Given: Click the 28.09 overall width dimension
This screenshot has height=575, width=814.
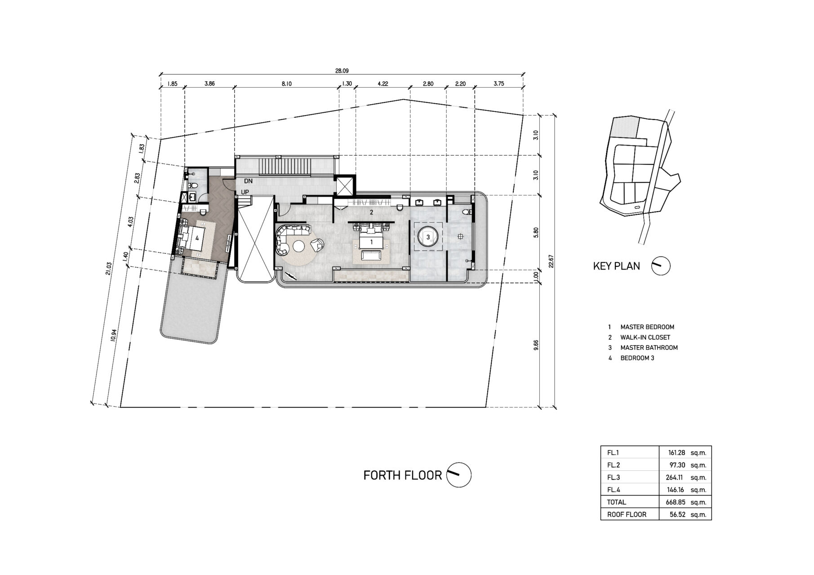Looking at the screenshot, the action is pyautogui.click(x=342, y=71).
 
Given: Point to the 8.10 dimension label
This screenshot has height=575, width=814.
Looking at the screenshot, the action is pyautogui.click(x=287, y=84).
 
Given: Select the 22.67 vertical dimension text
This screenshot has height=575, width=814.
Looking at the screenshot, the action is pyautogui.click(x=551, y=261).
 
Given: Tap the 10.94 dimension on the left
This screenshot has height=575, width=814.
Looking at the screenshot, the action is pyautogui.click(x=113, y=336).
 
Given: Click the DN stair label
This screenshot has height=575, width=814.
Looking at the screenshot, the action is pyautogui.click(x=248, y=181).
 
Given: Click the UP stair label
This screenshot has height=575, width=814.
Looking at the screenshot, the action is pyautogui.click(x=245, y=192).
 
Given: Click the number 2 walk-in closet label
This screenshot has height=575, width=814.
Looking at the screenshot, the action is pyautogui.click(x=371, y=212).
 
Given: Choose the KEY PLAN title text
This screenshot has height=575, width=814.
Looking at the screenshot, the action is pyautogui.click(x=616, y=266).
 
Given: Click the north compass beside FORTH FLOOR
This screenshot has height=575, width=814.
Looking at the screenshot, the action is pyautogui.click(x=459, y=474).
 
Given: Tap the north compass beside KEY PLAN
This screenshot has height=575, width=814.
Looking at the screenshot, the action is pyautogui.click(x=660, y=266).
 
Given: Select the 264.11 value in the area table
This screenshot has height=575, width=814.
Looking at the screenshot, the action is pyautogui.click(x=676, y=478).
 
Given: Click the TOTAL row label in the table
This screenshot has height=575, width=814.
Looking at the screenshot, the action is pyautogui.click(x=616, y=502).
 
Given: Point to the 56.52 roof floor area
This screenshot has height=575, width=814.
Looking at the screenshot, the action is pyautogui.click(x=677, y=515).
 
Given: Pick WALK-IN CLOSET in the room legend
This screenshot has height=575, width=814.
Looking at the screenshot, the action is pyautogui.click(x=645, y=337).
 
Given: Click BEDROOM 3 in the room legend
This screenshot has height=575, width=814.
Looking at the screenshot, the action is pyautogui.click(x=637, y=358).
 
